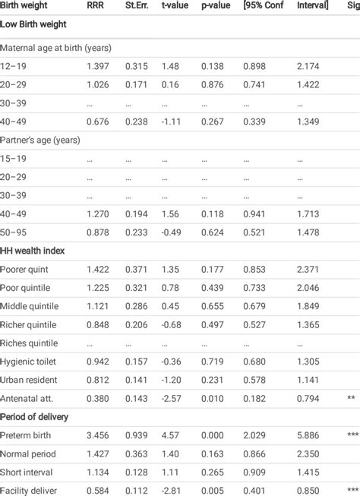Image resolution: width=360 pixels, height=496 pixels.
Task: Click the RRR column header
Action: [96, 6]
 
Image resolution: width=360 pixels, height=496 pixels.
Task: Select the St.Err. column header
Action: [137, 6]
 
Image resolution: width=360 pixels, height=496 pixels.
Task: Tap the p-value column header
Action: [217, 6]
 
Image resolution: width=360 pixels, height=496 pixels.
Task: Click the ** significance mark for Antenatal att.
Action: [351, 398]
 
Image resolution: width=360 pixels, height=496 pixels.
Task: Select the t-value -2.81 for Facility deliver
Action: [172, 491]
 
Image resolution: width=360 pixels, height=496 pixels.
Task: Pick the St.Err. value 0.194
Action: [137, 214]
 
